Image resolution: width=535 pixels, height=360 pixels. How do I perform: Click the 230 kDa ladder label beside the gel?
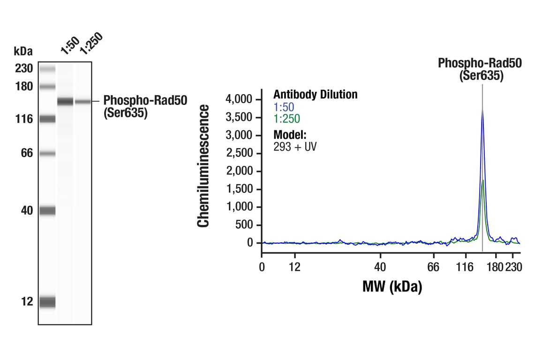point(23,69)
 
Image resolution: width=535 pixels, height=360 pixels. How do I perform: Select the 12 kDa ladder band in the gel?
point(47,302)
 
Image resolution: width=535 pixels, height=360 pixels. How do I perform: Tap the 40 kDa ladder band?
point(47,211)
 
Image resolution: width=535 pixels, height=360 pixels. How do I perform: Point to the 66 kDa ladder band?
point(47,153)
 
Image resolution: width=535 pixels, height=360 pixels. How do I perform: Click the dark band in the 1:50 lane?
point(65,101)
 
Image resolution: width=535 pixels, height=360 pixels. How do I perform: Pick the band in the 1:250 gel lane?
point(83,101)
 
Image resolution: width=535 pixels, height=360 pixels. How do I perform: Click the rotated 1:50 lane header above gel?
point(69,46)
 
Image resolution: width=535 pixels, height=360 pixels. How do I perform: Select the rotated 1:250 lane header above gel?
point(90,44)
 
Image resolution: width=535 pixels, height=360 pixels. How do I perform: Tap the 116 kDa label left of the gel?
point(23,119)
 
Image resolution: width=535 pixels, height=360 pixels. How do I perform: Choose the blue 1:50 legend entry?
point(284,107)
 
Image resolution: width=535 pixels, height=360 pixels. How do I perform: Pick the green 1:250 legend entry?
point(286,119)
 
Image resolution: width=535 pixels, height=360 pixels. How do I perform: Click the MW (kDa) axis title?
point(392,286)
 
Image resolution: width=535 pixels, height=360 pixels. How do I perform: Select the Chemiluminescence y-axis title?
point(203,166)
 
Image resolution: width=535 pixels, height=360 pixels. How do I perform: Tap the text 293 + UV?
point(294,146)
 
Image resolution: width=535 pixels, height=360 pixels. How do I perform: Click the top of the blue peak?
point(482,107)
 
